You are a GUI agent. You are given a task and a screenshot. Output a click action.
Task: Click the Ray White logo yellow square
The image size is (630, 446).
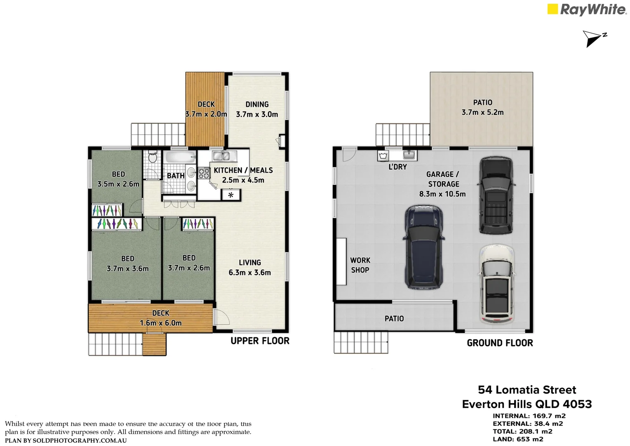[x=552, y=9]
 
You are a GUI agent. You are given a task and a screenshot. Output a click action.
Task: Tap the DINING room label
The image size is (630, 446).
[x=257, y=104]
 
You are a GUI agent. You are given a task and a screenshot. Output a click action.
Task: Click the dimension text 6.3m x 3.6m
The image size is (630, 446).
[x=250, y=273]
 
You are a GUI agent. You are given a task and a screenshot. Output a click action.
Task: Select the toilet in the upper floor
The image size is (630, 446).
[x=153, y=157]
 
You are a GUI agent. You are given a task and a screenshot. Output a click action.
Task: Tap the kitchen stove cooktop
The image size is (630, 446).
[x=204, y=173]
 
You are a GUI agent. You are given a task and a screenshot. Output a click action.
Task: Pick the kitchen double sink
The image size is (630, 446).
[x=224, y=156]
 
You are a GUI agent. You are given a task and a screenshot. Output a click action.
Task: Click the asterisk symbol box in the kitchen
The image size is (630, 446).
[x=231, y=195]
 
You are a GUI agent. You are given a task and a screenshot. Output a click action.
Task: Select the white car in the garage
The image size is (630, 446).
[x=497, y=284]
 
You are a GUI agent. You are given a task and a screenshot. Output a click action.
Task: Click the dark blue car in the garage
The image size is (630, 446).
[x=424, y=247]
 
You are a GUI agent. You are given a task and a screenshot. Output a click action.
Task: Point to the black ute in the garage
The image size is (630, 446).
[x=496, y=195]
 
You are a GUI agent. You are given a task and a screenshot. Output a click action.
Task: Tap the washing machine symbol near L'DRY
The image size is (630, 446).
[x=383, y=156]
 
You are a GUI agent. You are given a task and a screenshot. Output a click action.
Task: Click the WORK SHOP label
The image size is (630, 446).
[x=360, y=265]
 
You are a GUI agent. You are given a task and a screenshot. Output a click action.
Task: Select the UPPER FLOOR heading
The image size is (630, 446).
[x=260, y=341]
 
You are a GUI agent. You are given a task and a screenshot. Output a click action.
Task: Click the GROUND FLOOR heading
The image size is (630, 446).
[x=500, y=343]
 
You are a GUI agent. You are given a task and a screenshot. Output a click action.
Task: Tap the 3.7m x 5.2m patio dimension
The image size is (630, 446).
[x=483, y=112]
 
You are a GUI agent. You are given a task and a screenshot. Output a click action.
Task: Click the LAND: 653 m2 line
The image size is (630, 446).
[x=518, y=439]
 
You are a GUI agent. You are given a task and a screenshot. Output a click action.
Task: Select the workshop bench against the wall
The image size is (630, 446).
[x=341, y=261]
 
